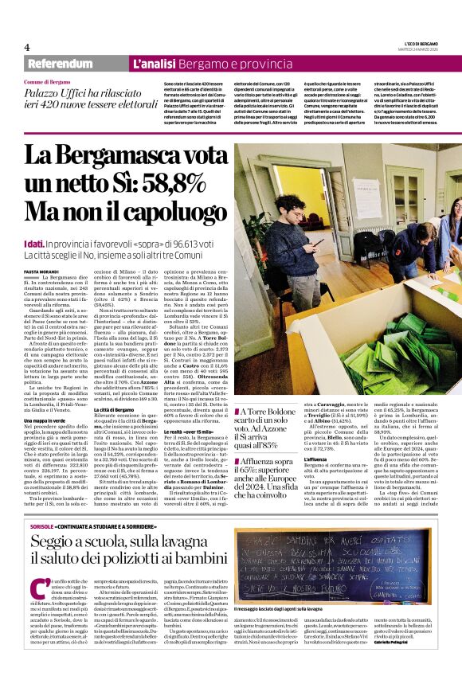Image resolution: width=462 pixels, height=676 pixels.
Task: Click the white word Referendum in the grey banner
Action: pos(59,64)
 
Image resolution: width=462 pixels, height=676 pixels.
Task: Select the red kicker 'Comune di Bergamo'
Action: pos(47,83)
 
